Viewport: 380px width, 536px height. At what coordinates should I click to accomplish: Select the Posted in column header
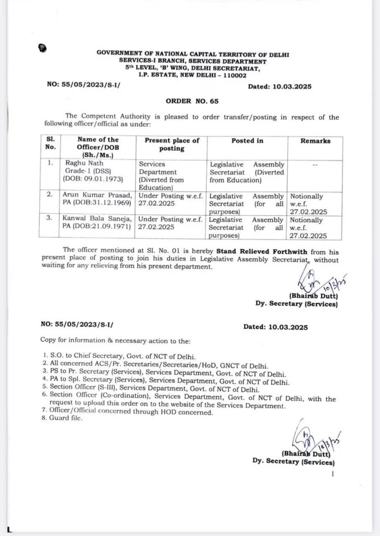(247, 141)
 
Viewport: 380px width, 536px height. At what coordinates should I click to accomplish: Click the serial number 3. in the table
(51, 218)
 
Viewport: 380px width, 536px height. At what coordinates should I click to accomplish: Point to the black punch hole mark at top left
(42, 49)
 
